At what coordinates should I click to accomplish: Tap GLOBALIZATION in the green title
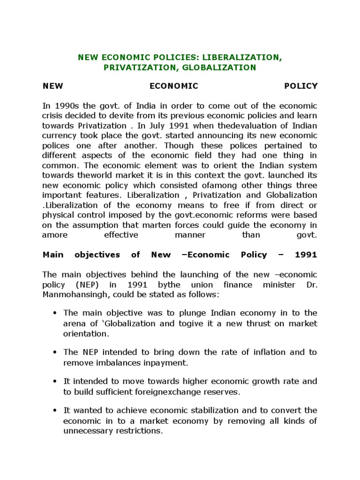(225, 67)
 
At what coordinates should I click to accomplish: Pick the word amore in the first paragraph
(54, 235)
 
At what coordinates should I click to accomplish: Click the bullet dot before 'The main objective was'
(55, 313)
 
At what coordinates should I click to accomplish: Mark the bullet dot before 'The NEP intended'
(55, 352)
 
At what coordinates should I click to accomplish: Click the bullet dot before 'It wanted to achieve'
(55, 411)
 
